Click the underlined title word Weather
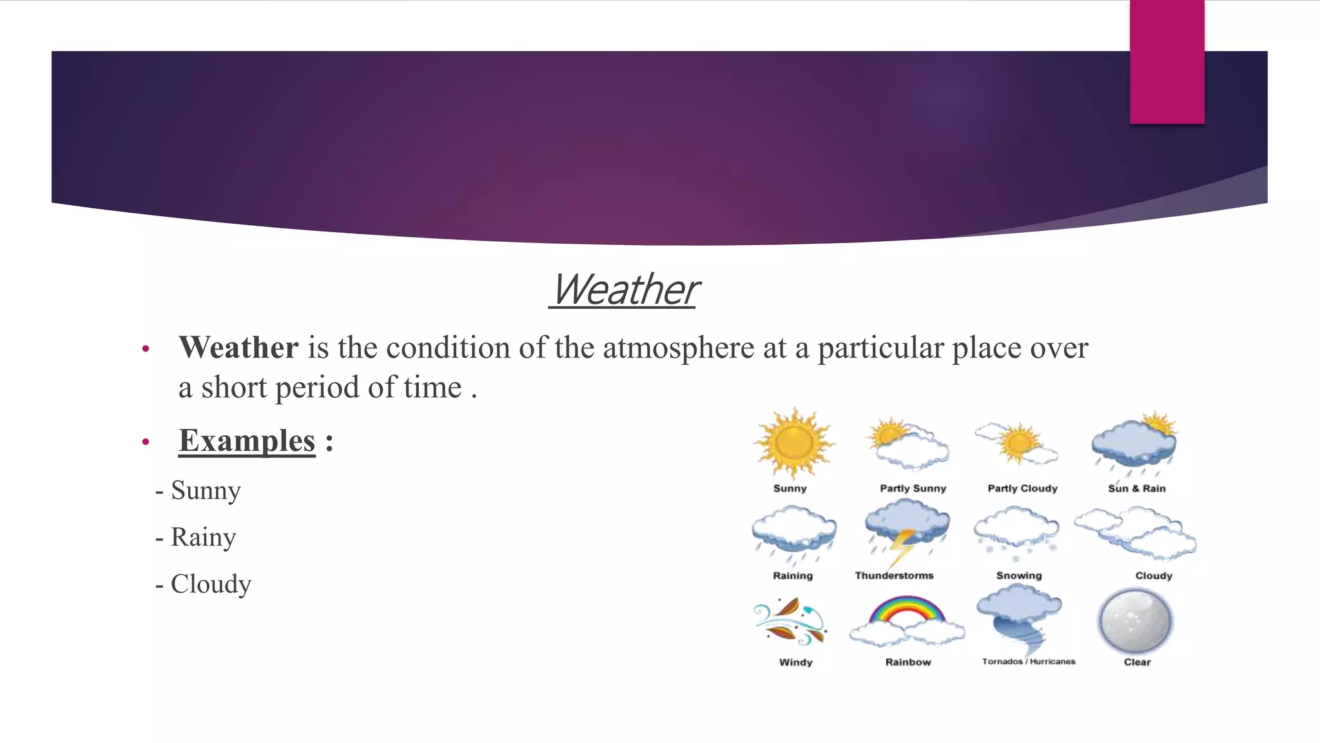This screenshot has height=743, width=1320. (x=624, y=290)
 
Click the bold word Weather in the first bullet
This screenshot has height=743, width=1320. (x=238, y=348)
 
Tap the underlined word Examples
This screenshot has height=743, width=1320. (x=247, y=441)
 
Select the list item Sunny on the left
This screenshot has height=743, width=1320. (x=205, y=491)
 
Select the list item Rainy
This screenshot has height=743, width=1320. (x=203, y=537)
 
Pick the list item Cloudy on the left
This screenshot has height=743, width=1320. (x=211, y=584)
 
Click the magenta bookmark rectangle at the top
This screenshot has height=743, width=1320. (x=1167, y=61)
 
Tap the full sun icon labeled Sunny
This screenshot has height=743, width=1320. (x=794, y=442)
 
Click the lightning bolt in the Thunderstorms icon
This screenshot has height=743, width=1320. (x=902, y=547)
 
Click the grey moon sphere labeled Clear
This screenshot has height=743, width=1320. (x=1135, y=621)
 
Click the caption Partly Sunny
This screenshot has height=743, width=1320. (x=913, y=488)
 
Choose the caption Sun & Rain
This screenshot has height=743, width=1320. (x=1136, y=488)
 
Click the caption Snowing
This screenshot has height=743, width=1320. (x=1018, y=575)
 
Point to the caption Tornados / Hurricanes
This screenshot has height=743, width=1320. (x=1028, y=662)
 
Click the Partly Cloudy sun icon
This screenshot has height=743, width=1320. (x=1019, y=442)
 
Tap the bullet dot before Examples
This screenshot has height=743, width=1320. (x=146, y=442)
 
